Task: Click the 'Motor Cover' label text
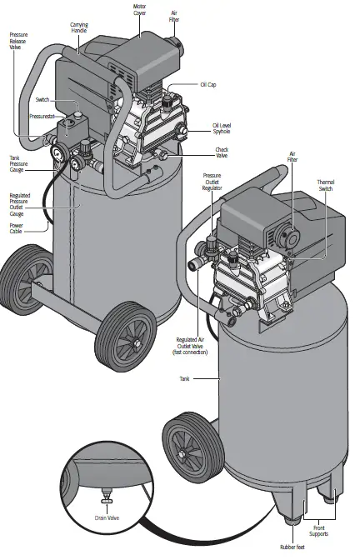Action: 139,11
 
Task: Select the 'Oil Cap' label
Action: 209,84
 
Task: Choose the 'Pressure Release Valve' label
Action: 18,42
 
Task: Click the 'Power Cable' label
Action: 17,228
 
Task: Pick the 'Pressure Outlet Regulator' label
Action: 214,182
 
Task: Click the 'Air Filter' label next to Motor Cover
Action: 174,17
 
